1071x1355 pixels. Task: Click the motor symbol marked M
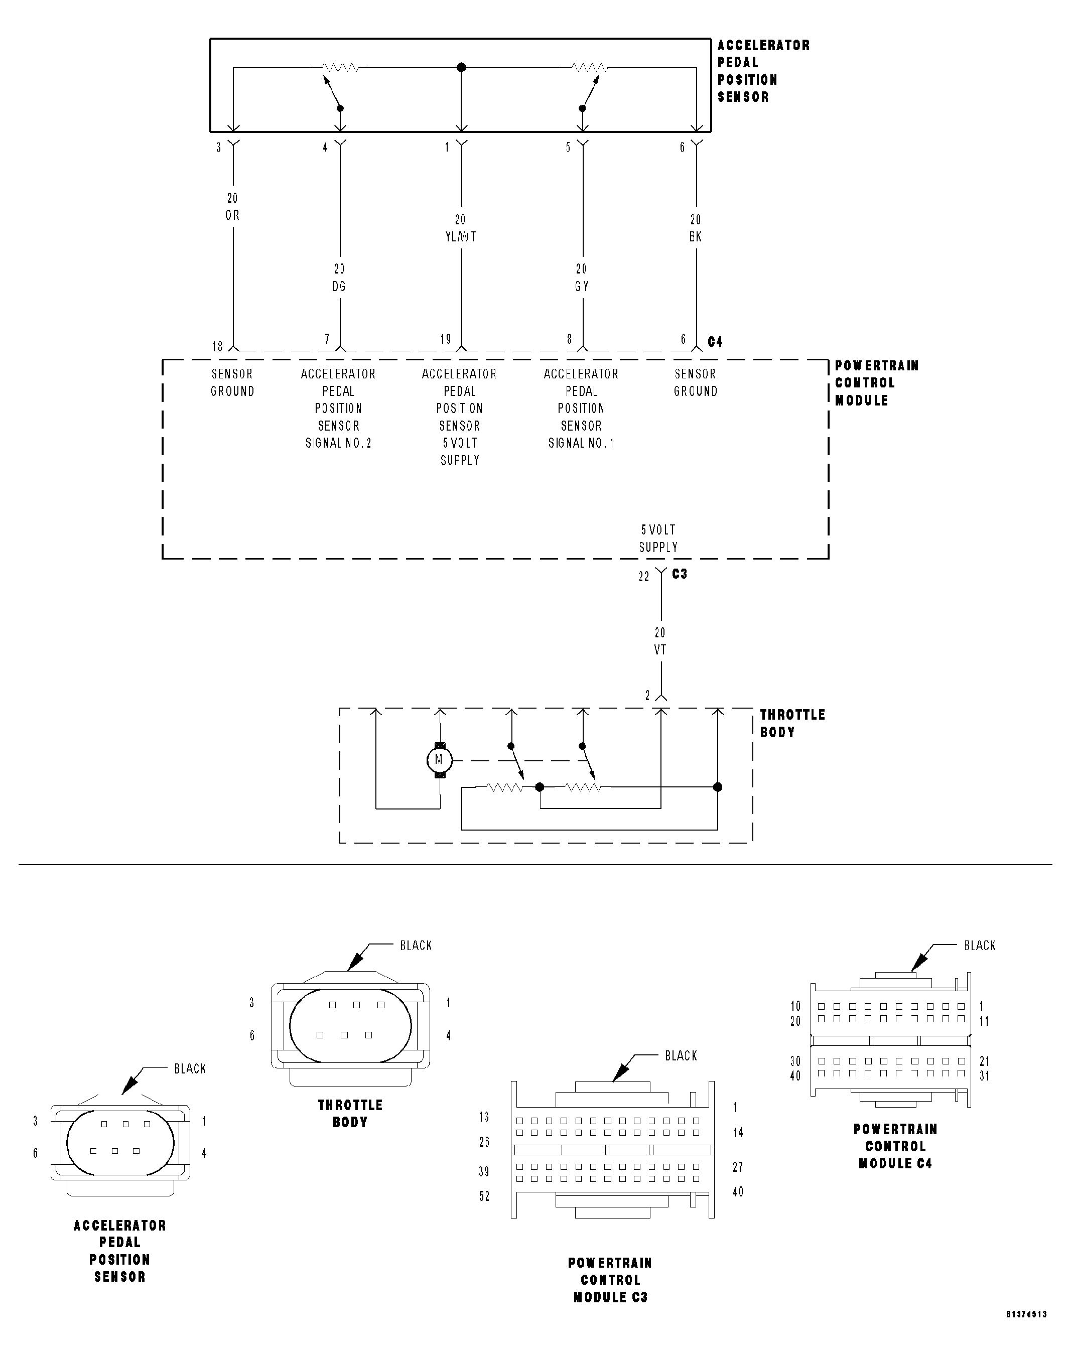pos(439,761)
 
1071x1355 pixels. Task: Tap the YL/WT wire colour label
pos(460,237)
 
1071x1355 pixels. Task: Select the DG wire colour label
pos(339,287)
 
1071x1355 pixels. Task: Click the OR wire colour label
pos(233,215)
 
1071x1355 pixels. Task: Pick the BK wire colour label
pos(696,237)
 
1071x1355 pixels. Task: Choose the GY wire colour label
pos(582,287)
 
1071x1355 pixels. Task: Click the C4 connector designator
pos(715,342)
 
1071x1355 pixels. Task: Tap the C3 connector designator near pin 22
pos(680,574)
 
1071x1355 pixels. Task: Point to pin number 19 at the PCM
pos(445,339)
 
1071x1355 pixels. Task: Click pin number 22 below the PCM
pos(644,577)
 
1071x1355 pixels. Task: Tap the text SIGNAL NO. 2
pos(339,443)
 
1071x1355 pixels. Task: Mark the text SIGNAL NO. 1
pos(581,443)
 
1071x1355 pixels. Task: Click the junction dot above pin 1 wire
pos(462,67)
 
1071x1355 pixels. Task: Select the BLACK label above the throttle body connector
pos(416,945)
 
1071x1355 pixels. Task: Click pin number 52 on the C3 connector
pos(484,1196)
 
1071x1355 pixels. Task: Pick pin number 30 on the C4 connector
pos(795,1061)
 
